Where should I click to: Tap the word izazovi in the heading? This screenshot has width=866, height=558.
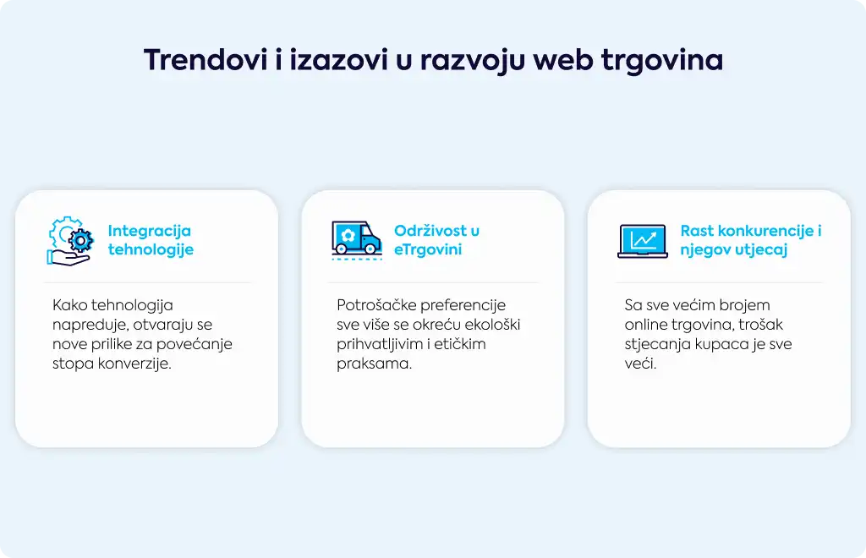click(339, 60)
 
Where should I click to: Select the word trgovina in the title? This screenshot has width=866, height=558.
click(662, 61)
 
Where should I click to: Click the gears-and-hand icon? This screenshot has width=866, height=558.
click(70, 241)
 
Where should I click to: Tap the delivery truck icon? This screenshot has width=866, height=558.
click(357, 240)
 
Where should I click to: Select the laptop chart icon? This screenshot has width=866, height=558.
click(643, 241)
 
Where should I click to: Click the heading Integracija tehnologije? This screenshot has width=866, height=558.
click(151, 240)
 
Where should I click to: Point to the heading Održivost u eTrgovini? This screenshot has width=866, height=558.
click(436, 240)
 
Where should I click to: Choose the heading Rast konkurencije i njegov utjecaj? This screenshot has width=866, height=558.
click(751, 240)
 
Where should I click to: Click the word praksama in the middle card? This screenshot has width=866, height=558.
click(374, 364)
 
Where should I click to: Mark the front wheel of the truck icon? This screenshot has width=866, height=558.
click(372, 249)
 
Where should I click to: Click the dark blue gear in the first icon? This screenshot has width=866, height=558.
click(81, 240)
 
